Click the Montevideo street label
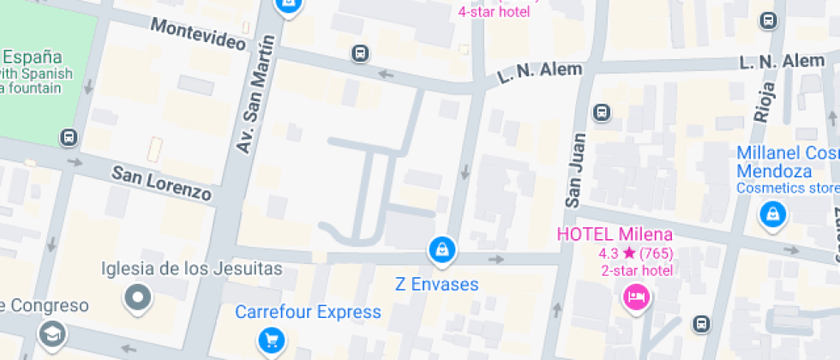(199, 34)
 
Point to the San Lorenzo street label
(161, 183)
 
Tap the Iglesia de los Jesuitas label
(191, 268)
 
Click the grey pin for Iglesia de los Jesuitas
(138, 298)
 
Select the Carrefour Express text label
(308, 312)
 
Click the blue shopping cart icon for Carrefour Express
(272, 341)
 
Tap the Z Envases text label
(436, 284)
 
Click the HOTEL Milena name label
(615, 234)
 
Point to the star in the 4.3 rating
(629, 253)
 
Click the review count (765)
(657, 253)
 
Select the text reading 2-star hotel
(637, 271)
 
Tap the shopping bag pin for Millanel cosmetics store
(773, 214)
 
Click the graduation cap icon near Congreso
(52, 333)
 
